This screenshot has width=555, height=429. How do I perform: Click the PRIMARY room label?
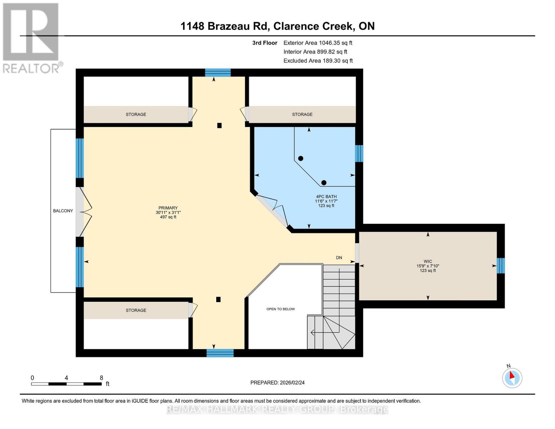point(168,208)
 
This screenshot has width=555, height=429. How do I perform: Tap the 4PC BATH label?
point(326,197)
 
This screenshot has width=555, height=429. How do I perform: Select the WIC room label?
point(427,261)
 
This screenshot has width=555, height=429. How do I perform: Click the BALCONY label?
point(63,211)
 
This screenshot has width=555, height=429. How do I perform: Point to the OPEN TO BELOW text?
point(281,309)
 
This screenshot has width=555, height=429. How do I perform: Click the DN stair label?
point(339,258)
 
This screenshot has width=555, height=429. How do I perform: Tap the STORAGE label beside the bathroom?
point(302,114)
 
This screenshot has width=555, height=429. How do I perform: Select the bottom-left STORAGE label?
point(136,310)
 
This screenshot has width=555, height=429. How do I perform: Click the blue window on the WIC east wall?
point(501,266)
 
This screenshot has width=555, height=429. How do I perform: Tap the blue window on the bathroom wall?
point(359,153)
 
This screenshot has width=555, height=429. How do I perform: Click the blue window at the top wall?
point(218,73)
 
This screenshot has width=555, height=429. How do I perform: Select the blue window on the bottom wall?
point(220,353)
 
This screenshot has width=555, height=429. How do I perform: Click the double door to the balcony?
point(83,211)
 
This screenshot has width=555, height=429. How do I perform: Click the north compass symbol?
point(512,378)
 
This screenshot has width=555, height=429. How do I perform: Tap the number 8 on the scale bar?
point(101,378)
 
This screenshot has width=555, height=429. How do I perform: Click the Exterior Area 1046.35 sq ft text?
point(318,43)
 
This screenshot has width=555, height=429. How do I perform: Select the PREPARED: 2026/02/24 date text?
point(277,383)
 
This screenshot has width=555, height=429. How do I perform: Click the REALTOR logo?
point(31,38)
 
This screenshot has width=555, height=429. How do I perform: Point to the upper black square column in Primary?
point(219,125)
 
